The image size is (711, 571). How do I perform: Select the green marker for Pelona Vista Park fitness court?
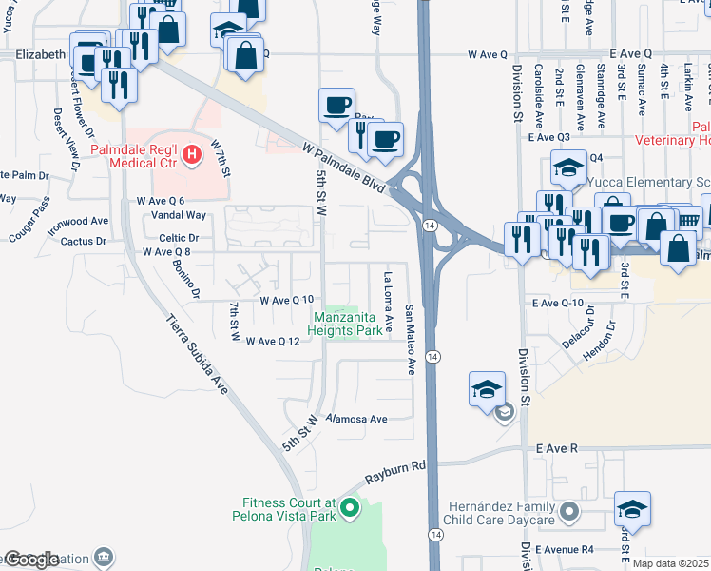[350, 509]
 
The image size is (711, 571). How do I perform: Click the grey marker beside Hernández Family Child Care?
[568, 514]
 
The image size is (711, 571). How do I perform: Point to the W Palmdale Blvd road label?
[344, 167]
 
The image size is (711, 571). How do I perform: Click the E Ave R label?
[557, 447]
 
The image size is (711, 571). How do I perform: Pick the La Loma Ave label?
[388, 304]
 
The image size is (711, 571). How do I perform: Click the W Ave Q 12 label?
[273, 342]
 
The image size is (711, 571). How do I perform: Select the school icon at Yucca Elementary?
[567, 168]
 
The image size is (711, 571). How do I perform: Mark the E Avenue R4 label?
[564, 550]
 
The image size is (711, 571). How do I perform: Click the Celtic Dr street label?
[179, 238]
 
